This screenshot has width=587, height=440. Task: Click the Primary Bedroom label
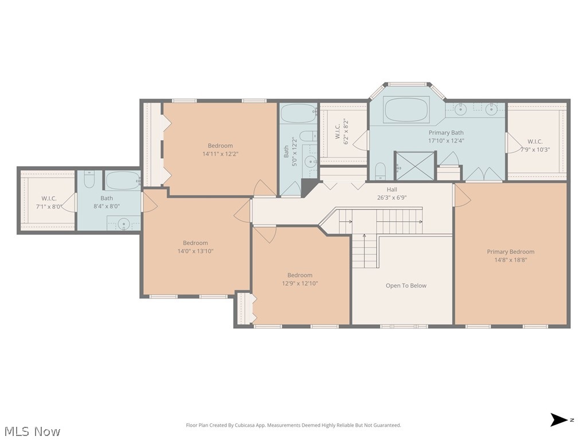[510, 252]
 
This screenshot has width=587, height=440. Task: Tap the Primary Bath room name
[446, 132]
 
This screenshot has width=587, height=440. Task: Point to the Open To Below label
[406, 285]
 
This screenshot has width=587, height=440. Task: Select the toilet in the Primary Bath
[380, 170]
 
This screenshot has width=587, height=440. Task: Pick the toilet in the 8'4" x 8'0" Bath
[89, 180]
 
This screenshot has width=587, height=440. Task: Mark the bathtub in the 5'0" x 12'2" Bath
[298, 113]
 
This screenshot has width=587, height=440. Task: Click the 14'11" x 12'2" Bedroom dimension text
[220, 154]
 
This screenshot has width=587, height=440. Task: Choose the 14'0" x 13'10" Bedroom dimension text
[195, 251]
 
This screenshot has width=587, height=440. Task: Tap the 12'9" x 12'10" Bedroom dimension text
[300, 283]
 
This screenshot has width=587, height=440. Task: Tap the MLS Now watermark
[32, 431]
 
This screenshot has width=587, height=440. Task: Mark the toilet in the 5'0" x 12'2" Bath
[308, 136]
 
